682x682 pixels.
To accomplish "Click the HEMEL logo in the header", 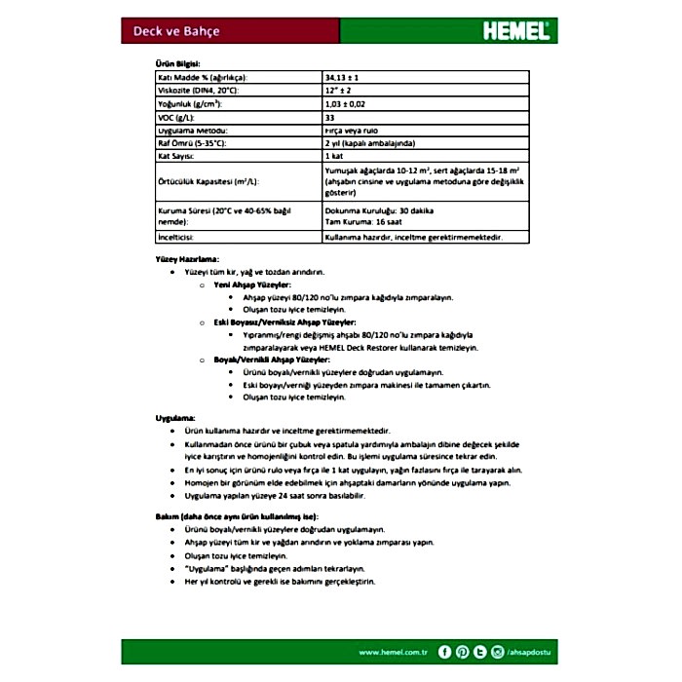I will click(515, 30).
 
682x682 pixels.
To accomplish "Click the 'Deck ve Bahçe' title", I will click(176, 31).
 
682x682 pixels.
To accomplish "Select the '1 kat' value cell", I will click(335, 156).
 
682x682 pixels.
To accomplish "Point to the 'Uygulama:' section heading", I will click(175, 417).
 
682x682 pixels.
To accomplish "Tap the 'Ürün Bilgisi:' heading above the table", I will click(178, 61).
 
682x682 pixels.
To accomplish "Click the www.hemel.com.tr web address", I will click(394, 652).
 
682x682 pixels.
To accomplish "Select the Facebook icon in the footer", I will click(445, 652).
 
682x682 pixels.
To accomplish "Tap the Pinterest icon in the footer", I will click(463, 652).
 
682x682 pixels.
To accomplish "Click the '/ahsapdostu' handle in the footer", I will click(530, 652).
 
